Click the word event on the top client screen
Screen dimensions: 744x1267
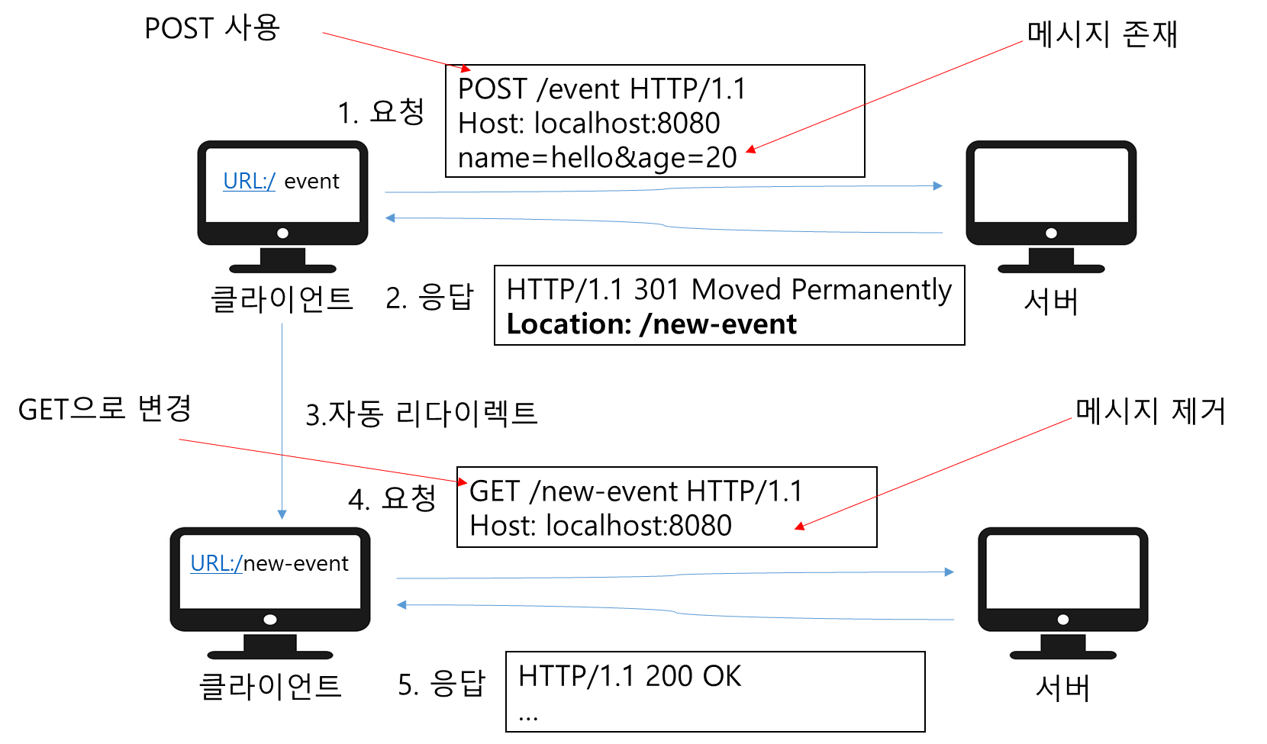311,182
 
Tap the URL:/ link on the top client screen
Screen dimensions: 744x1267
249,182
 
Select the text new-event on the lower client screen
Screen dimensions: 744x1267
295,564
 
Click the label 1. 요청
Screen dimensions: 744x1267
379,112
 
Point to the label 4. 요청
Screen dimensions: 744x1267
390,499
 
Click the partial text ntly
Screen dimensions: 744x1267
933,291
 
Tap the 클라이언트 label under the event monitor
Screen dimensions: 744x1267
282,299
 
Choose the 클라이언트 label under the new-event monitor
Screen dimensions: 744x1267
269,686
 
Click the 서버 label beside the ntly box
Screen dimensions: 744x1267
1051,302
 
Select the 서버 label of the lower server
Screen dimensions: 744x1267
1062,688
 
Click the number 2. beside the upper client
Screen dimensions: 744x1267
396,298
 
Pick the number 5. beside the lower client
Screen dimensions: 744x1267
408,685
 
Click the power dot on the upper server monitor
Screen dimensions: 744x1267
1051,234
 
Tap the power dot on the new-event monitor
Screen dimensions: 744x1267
270,620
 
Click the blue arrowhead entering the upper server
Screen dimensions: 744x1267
938,185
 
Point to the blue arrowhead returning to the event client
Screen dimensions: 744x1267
390,218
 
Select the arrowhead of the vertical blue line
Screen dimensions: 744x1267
282,514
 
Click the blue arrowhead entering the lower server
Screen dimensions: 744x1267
949,572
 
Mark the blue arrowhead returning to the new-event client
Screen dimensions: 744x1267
401,605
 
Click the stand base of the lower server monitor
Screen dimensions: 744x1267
1062,655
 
